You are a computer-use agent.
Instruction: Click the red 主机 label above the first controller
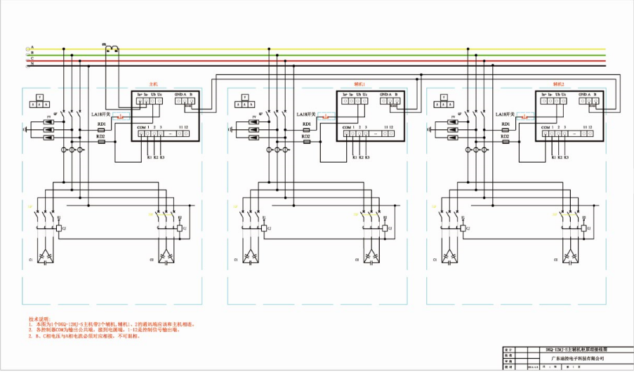tap(154, 84)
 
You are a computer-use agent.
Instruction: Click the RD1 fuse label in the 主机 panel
tap(101, 124)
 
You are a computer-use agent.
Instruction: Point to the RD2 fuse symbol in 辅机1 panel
tap(306, 142)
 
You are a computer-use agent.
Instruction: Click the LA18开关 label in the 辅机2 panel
tap(506, 114)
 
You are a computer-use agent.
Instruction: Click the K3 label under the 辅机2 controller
tap(567, 158)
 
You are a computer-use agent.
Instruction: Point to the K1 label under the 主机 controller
tap(149, 158)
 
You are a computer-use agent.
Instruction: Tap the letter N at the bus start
tap(32, 64)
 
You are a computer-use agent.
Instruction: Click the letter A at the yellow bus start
tap(32, 48)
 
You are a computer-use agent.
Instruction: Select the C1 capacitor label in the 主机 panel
tap(31, 260)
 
